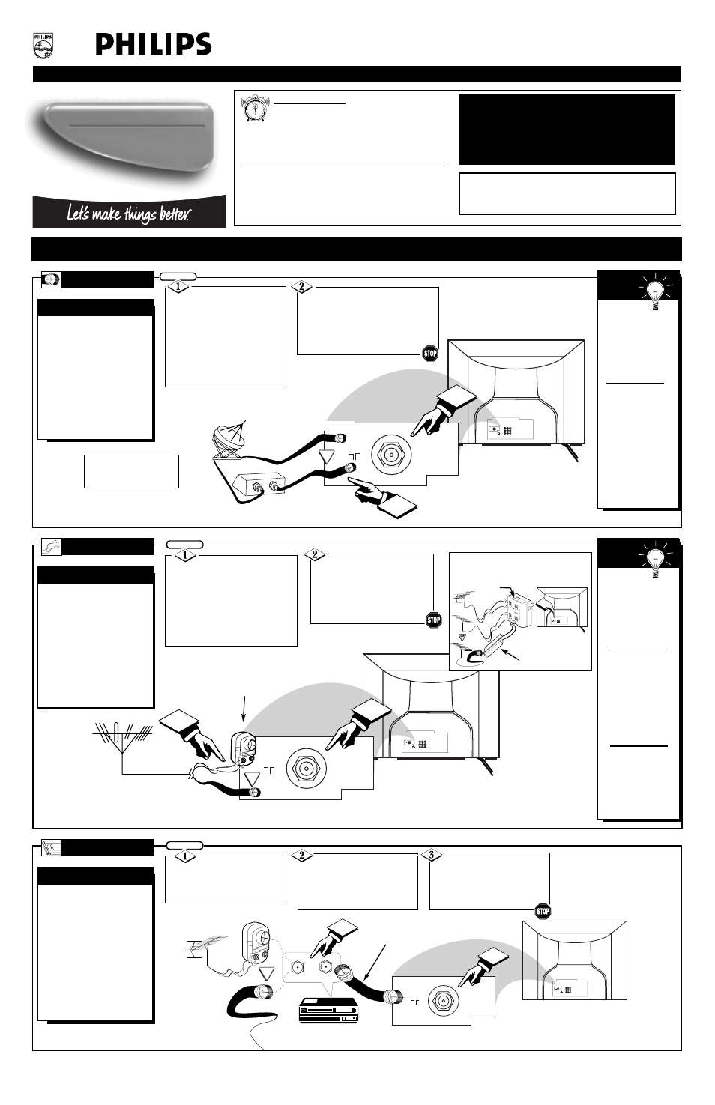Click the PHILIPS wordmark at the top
(153, 45)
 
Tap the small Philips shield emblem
(43, 46)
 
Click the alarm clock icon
(253, 109)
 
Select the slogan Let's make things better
(128, 214)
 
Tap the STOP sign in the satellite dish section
(430, 354)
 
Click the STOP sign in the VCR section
(543, 912)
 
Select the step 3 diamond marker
(431, 855)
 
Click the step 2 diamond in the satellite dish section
(300, 287)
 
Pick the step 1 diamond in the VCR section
(184, 856)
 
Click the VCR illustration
(328, 1009)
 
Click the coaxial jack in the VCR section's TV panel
(443, 999)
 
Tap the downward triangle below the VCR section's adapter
(268, 974)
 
